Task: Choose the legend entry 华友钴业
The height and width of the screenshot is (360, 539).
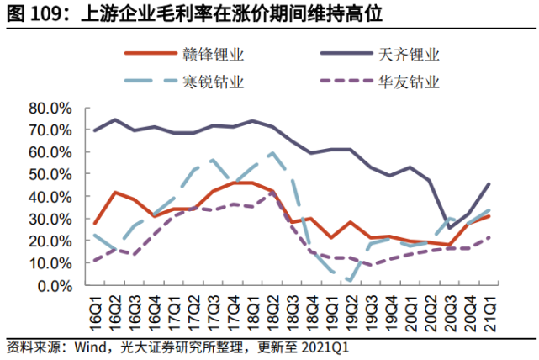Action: [410, 82]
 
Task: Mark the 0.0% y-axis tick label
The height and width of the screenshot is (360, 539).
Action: [55, 285]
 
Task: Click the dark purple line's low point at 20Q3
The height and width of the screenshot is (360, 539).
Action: [450, 228]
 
